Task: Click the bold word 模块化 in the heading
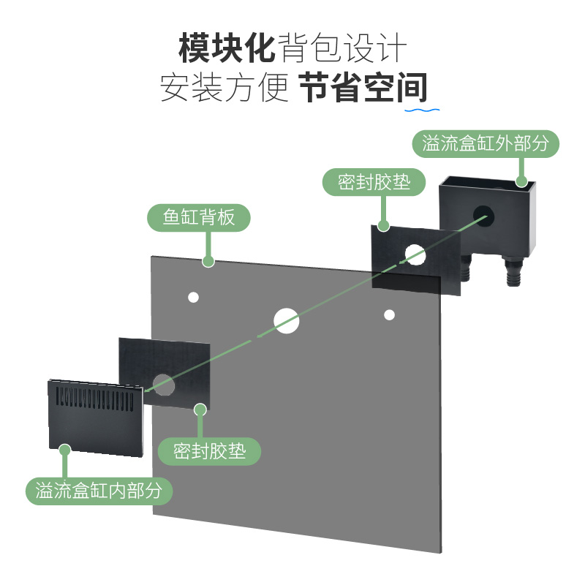(227, 49)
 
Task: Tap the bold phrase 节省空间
(363, 88)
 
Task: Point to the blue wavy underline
(423, 110)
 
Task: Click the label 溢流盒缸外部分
(486, 142)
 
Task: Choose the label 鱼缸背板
(199, 217)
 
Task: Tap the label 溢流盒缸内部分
(99, 490)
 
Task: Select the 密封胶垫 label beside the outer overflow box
(374, 181)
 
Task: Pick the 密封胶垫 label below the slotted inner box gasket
(209, 451)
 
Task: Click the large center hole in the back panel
(287, 320)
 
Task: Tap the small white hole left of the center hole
(194, 297)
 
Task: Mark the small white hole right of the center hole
(390, 314)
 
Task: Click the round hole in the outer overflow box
(483, 214)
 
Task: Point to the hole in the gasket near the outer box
(415, 254)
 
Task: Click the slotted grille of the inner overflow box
(95, 399)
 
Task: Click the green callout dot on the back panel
(208, 260)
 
